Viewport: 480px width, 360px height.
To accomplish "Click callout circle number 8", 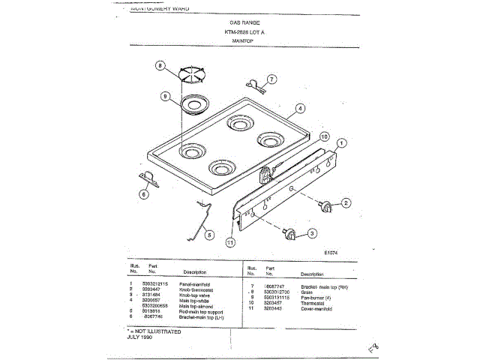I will [x=159, y=65].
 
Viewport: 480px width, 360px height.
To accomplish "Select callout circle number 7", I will [x=271, y=78].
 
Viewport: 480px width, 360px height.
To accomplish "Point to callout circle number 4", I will [x=299, y=108].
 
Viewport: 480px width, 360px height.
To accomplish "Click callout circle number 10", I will [x=325, y=137].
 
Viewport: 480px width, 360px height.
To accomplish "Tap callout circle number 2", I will [x=346, y=202].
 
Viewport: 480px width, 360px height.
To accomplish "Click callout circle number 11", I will [x=230, y=242].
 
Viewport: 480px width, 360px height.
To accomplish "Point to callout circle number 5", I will [x=209, y=234].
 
